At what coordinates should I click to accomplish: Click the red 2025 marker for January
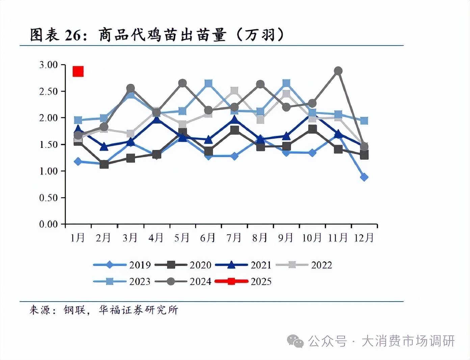[x=78, y=71]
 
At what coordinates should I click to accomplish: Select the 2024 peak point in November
[x=338, y=71]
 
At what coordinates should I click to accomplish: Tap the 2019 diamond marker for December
[x=364, y=177]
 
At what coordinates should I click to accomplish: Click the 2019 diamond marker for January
[x=78, y=161]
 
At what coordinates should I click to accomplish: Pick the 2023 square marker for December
[x=364, y=121]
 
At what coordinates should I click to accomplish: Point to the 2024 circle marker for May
[x=182, y=83]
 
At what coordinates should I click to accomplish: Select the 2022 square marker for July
[x=234, y=91]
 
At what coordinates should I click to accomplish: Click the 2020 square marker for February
[x=104, y=164]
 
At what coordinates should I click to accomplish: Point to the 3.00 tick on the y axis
[x=48, y=65]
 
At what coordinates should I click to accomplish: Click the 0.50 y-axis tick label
[x=48, y=198]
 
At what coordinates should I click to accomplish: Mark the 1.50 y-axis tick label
[x=48, y=145]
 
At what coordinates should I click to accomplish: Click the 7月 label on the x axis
[x=234, y=238]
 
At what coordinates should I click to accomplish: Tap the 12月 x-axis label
[x=364, y=238]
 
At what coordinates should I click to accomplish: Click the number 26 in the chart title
[x=73, y=35]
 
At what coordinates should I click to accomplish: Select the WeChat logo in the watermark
[x=295, y=341]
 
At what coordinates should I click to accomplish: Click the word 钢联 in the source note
[x=75, y=310]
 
